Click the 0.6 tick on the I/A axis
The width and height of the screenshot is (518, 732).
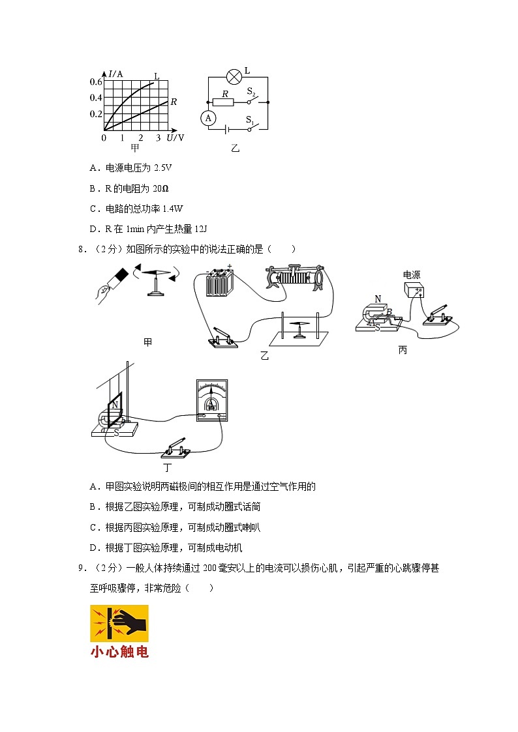[96, 81]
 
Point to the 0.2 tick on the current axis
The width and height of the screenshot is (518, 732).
[96, 114]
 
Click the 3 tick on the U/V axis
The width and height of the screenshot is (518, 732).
[159, 138]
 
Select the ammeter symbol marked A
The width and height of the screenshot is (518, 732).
[208, 118]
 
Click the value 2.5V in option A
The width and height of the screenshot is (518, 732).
[162, 168]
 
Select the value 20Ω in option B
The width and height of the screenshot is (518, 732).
[160, 188]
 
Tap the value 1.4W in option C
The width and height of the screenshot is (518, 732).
[172, 209]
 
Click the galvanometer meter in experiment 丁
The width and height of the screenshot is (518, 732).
[211, 400]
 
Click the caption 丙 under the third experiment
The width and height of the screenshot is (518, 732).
[403, 351]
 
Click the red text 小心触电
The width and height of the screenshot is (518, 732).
[119, 651]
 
